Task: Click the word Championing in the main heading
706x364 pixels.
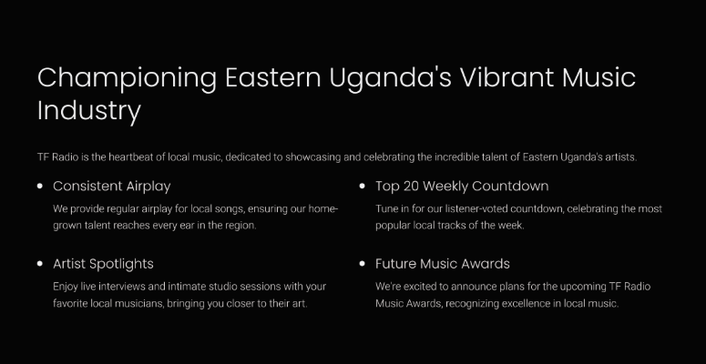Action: (127, 79)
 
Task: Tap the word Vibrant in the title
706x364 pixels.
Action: (506, 77)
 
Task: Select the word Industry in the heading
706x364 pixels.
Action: (89, 111)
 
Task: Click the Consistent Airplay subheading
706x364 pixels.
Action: (112, 187)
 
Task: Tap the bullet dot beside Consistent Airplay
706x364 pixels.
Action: (40, 186)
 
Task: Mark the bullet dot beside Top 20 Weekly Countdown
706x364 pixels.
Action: (363, 186)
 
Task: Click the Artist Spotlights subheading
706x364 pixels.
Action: (103, 264)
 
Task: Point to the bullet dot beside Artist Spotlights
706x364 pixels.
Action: (40, 264)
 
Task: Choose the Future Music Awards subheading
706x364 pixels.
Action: (443, 264)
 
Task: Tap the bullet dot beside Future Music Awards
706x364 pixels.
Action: (363, 264)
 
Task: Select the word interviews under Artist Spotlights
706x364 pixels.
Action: (118, 287)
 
